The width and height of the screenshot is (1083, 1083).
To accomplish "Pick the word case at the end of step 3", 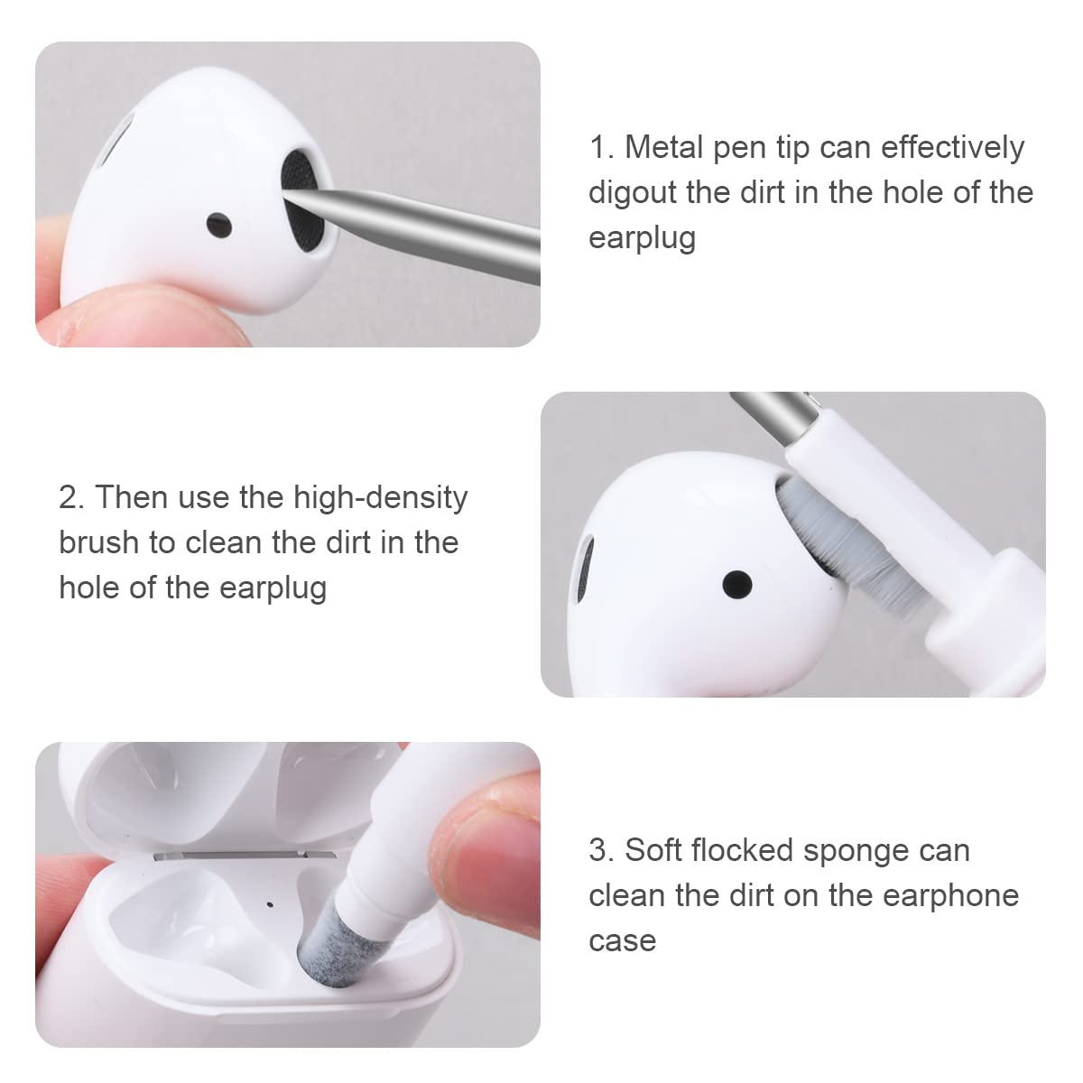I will (x=622, y=940).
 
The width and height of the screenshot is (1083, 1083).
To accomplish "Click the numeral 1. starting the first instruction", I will (x=601, y=147).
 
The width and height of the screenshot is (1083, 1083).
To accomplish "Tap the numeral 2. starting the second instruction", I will (x=71, y=498).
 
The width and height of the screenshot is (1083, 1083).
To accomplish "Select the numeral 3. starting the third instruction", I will (x=601, y=850).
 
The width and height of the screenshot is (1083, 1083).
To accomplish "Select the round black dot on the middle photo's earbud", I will (x=737, y=584).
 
